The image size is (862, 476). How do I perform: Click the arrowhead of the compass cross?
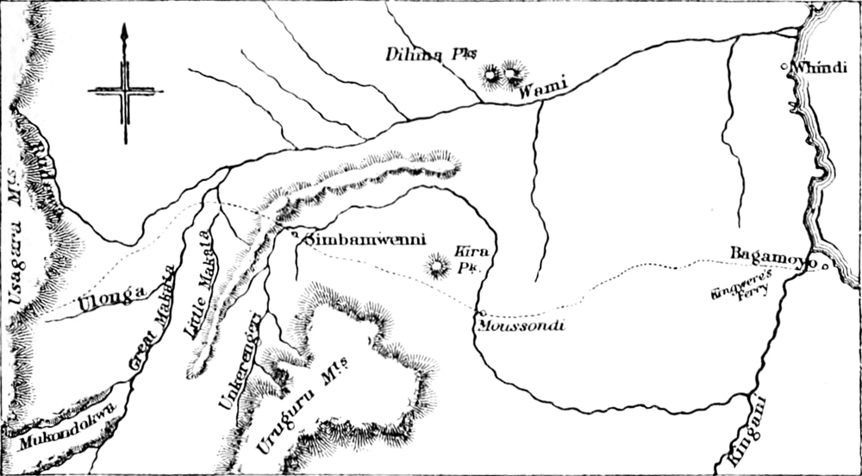pos(125,33)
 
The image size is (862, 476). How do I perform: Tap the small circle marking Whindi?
pos(783,66)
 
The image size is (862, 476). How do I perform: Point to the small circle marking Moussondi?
pos(480,312)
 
